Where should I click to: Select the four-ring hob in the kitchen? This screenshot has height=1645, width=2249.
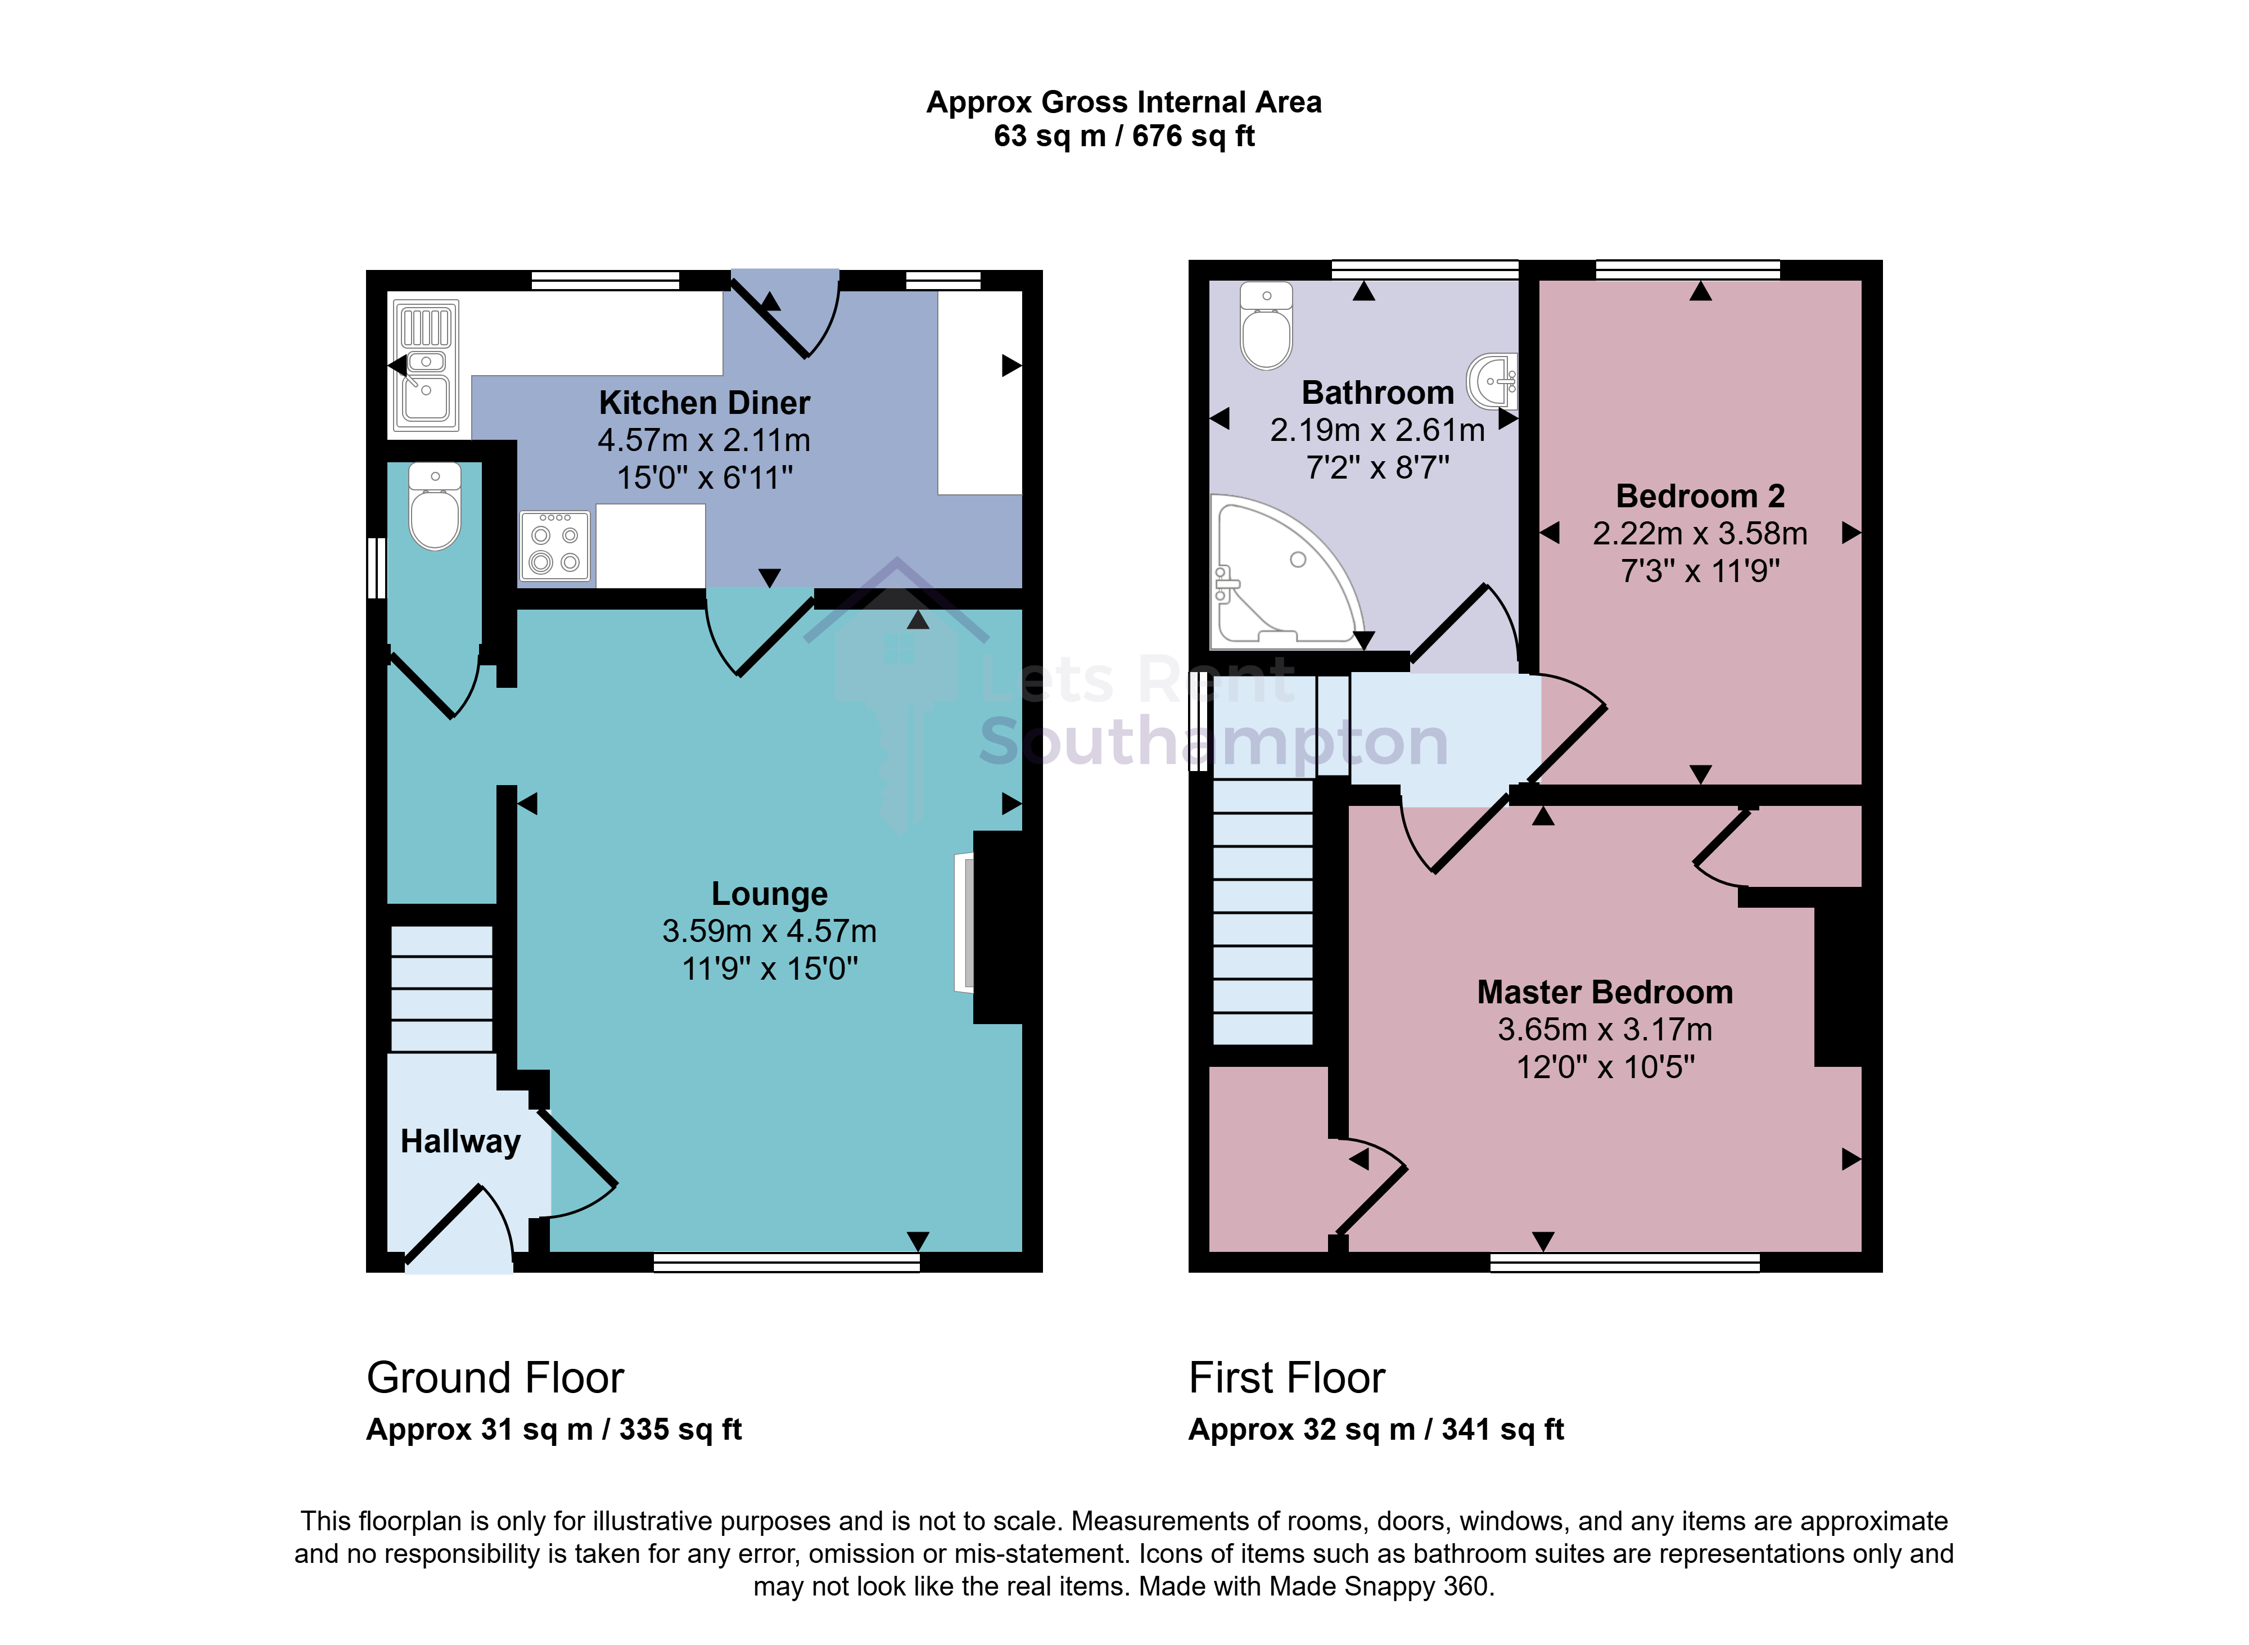point(554,546)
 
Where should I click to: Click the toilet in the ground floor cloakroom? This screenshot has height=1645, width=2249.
point(435,506)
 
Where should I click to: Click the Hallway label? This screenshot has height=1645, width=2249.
point(460,1141)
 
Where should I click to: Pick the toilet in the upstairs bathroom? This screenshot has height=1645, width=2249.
point(1266,326)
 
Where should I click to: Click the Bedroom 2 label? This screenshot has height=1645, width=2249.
point(1700,496)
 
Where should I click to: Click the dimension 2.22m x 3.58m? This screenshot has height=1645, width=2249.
point(1700,534)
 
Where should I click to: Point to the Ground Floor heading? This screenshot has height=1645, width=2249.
point(495,1378)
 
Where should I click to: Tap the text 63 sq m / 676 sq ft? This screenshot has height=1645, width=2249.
point(1124,137)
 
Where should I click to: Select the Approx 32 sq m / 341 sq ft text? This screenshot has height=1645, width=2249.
point(1376,1430)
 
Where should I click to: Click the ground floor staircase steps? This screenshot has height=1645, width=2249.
point(441,989)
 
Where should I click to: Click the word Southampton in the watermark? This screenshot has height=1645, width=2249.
point(1213,742)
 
